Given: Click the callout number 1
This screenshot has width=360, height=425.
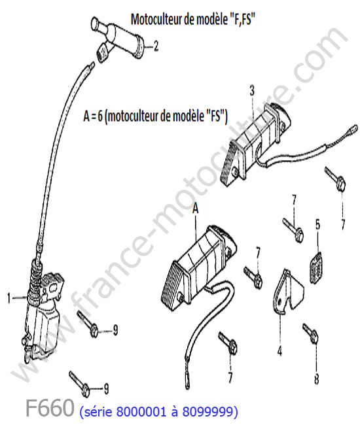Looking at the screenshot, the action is [9, 298].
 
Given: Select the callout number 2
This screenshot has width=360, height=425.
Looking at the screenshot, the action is [156, 46].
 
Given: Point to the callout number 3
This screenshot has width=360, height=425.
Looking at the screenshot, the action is [252, 91].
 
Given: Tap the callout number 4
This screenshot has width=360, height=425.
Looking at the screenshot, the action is [279, 351].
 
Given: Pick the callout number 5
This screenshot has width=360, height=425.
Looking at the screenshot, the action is [317, 224].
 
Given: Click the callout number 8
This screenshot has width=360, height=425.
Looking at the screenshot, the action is [317, 379].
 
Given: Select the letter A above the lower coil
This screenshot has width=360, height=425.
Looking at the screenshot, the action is [195, 209].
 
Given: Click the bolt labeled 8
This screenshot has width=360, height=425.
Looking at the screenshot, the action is [310, 334].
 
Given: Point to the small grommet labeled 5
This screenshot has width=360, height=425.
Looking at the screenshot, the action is [315, 268].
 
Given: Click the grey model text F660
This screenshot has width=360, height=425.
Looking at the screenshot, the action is [50, 407].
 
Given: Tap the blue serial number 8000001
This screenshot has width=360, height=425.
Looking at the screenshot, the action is [141, 412].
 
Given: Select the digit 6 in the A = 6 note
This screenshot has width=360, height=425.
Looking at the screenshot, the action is [100, 116].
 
